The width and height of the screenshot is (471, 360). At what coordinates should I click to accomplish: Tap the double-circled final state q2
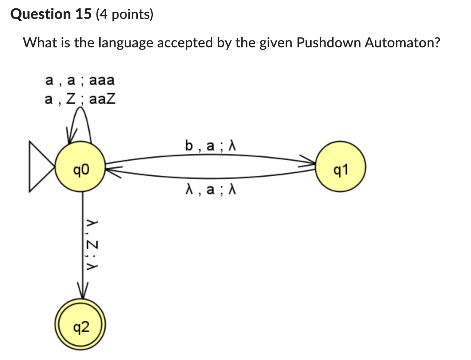coord(80,327)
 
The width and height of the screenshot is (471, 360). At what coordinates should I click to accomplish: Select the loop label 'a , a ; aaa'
coord(80,80)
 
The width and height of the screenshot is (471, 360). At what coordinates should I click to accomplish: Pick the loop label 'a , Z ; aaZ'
coord(80,99)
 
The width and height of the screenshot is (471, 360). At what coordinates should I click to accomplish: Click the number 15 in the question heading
coord(83,14)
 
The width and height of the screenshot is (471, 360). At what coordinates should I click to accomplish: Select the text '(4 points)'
coord(124,14)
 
